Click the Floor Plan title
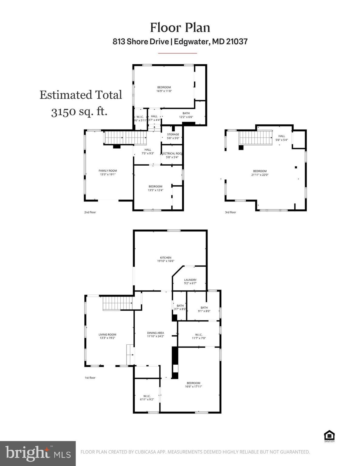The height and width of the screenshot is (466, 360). point(180,28)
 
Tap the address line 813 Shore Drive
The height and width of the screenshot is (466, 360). point(180,42)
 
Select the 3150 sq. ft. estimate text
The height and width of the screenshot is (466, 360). point(79,112)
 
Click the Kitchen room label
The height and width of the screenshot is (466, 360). point(166,258)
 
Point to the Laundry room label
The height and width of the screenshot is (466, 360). point(190,280)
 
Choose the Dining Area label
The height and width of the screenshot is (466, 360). point(155,333)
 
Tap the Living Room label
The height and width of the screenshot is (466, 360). point(107,335)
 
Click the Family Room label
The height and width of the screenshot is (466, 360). point(108,171)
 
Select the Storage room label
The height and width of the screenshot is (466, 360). point(173,134)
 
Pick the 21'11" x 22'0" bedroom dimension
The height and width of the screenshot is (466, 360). point(260,175)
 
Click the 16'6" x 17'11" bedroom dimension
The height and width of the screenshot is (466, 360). point(193,387)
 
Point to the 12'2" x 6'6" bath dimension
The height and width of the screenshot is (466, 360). point(186,117)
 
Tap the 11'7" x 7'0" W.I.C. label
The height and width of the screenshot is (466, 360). point(199,336)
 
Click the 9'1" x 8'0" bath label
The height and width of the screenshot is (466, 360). point(204,309)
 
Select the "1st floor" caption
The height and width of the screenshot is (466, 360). point(90,378)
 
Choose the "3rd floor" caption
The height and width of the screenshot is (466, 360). point(230,212)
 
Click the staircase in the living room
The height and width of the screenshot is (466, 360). point(117,303)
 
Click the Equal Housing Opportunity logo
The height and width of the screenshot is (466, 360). point(329,436)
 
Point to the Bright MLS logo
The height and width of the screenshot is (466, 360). point(38,454)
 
